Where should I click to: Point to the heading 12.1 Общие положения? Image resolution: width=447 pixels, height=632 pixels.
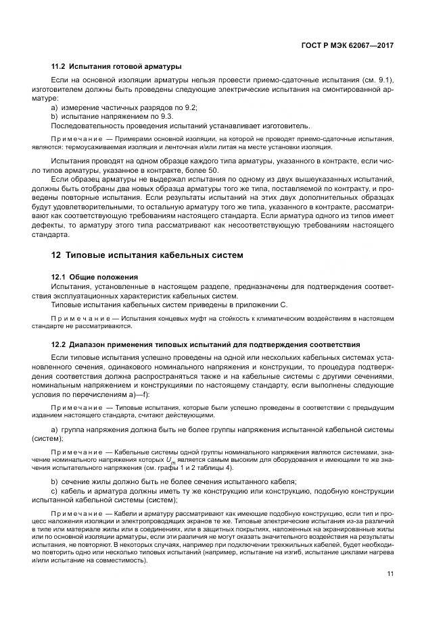[95, 277]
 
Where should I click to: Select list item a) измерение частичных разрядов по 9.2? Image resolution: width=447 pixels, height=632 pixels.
[124, 108]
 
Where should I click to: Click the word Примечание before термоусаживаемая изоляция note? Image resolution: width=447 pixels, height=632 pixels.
[76, 139]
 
